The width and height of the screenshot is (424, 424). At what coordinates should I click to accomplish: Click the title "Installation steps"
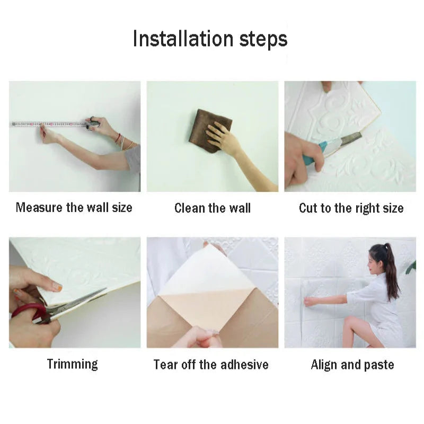[210, 39]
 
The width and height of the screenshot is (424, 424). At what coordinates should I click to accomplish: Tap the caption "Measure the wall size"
[74, 207]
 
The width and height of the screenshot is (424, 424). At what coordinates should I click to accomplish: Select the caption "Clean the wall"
[212, 208]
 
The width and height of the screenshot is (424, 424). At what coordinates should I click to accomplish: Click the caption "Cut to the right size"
[351, 208]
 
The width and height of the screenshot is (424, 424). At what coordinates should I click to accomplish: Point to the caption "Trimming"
[73, 364]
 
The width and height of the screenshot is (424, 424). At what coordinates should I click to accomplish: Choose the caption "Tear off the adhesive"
[211, 365]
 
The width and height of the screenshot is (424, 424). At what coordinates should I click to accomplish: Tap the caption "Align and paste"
[352, 365]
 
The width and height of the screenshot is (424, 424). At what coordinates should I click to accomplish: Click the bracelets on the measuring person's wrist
[120, 140]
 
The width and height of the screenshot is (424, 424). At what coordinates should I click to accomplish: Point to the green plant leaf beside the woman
[411, 268]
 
